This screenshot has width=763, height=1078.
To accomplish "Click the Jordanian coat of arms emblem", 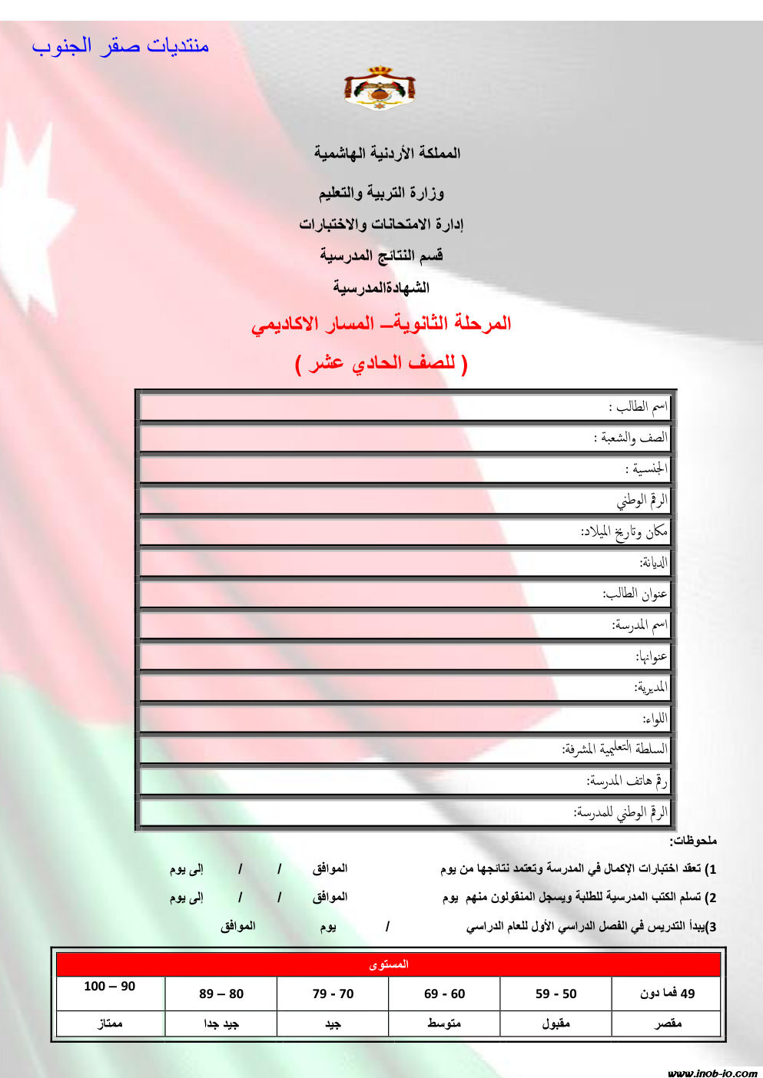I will (x=380, y=88).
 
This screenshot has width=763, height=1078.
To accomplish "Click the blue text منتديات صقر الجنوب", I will (x=121, y=46).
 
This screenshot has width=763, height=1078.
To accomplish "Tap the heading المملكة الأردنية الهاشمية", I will (x=387, y=153).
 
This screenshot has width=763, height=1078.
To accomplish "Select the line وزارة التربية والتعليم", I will (x=382, y=193).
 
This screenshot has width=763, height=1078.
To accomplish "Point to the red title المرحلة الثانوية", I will (x=381, y=323).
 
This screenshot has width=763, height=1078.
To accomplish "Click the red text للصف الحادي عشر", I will (x=381, y=363).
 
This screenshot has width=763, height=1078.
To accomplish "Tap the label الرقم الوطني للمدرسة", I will (x=621, y=812).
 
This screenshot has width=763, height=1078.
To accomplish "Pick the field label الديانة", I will (x=654, y=563).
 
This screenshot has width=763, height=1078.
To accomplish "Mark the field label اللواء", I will (x=655, y=719).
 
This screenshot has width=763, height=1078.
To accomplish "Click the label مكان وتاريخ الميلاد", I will (x=624, y=531).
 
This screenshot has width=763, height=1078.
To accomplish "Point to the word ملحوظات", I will (x=693, y=841).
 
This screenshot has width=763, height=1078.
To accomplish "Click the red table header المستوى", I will (x=389, y=964).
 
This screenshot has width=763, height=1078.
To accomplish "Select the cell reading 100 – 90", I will (x=110, y=987).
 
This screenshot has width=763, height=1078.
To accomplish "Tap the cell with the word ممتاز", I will (x=110, y=1023).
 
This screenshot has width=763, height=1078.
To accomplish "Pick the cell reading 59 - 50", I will (x=556, y=994).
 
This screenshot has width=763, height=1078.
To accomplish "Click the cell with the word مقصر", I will (x=668, y=1023).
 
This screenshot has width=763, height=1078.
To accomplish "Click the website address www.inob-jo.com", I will (x=712, y=1073).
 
